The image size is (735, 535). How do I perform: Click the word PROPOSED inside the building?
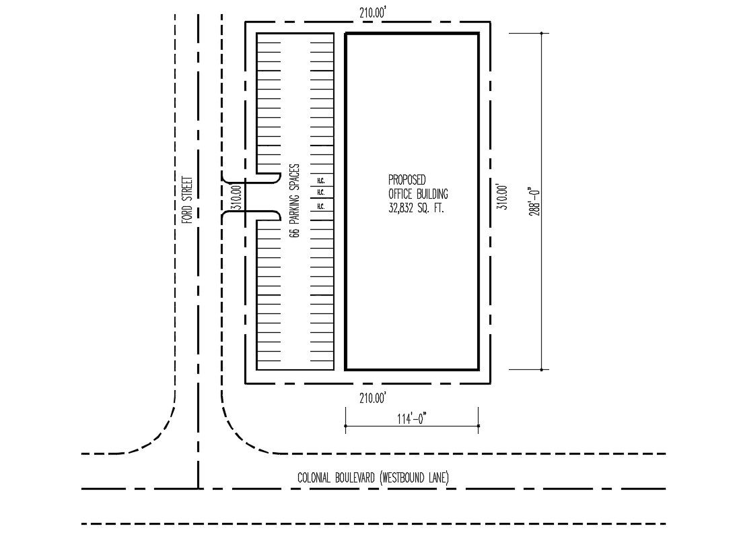point(407,180)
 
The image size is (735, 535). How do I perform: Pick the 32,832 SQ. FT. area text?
point(417,209)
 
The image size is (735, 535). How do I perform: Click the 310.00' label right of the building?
point(501,197)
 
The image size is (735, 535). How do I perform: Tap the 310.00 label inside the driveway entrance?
point(236,198)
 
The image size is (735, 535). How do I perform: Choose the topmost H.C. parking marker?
point(320,181)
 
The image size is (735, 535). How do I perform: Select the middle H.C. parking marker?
point(320,193)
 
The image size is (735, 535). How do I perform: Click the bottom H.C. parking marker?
point(320,206)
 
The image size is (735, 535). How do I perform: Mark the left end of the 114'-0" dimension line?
point(345,426)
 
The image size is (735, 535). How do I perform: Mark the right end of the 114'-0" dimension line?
point(478,426)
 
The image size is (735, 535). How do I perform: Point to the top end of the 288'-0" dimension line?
point(542,33)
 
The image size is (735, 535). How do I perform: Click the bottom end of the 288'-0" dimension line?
point(542,369)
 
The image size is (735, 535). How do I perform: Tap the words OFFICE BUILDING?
point(418,194)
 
